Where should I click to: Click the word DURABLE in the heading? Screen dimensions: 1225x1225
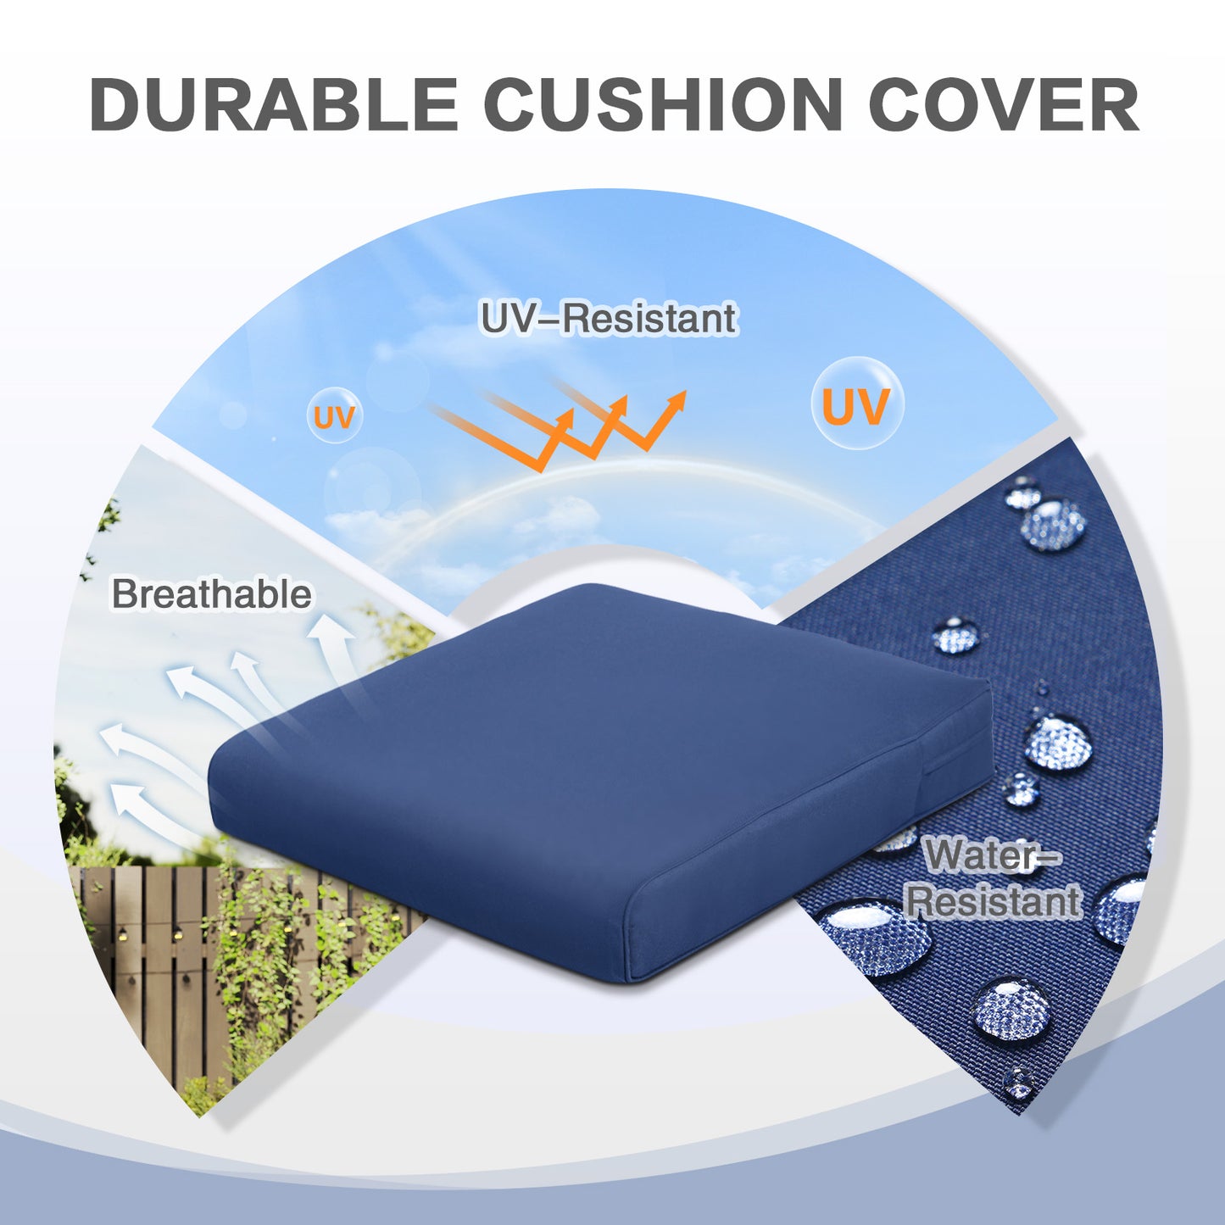pos(273,104)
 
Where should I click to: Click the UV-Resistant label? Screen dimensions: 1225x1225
pos(609,318)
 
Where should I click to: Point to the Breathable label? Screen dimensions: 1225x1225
pos(212,594)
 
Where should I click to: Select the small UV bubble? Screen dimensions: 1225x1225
pos(335,416)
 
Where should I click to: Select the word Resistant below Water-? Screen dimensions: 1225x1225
pos(994,901)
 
